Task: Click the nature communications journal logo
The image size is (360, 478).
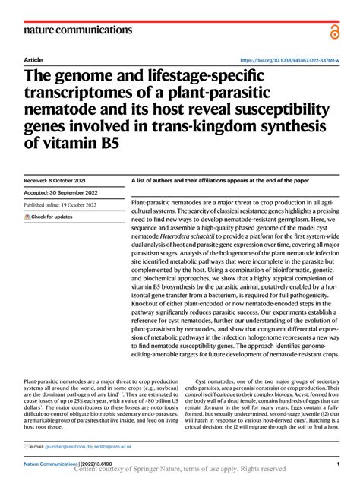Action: (x=78, y=30)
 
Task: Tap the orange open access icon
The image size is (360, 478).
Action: (x=333, y=30)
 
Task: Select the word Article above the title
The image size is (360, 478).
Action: (x=33, y=59)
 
